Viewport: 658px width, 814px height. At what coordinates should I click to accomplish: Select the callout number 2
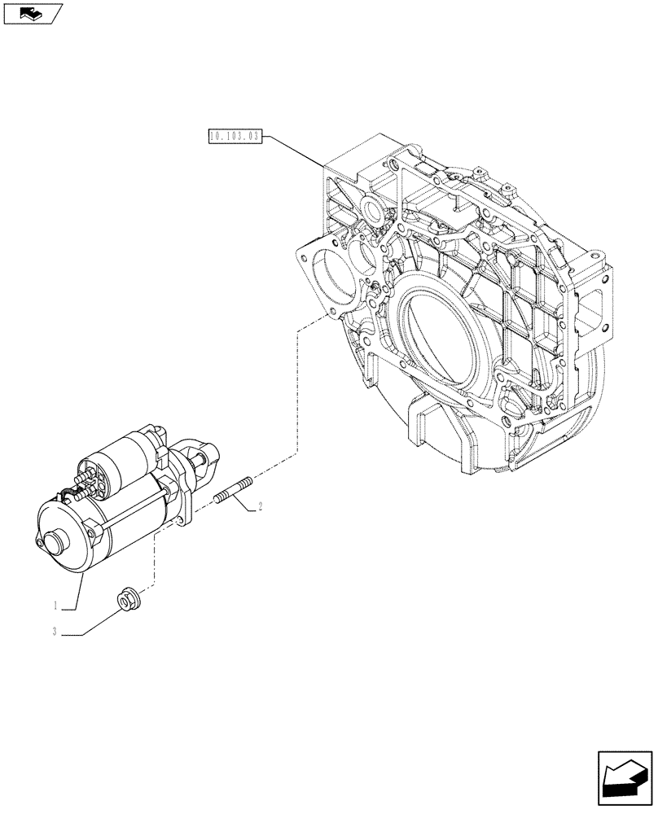click(260, 508)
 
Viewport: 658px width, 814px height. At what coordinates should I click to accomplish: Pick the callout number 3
click(55, 632)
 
